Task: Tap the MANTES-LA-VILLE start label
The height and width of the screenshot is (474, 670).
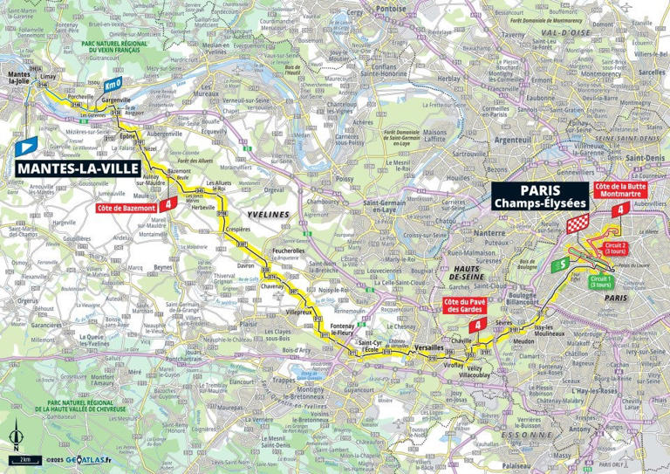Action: (x=71, y=167)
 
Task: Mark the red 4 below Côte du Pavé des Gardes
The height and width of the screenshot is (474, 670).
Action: (x=480, y=325)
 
